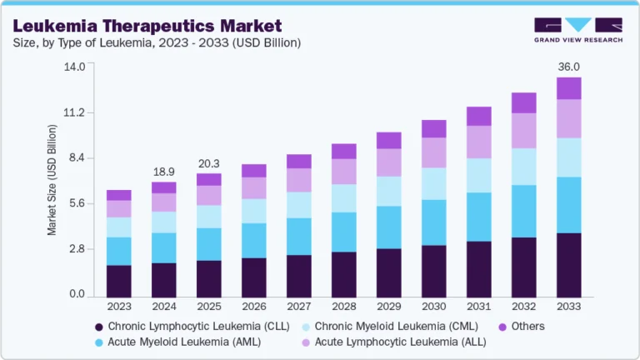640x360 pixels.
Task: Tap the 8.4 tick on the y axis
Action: [77, 158]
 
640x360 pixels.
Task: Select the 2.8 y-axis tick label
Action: [77, 249]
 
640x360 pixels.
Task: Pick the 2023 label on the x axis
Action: [118, 306]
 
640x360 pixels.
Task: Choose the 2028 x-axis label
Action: [343, 306]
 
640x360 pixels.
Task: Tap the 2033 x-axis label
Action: [568, 306]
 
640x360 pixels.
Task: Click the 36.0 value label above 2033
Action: [568, 66]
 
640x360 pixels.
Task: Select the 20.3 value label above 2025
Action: [208, 162]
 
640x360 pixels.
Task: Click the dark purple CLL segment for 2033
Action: [568, 265]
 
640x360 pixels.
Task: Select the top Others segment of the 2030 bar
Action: [433, 128]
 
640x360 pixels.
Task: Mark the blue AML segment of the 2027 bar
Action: [298, 237]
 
